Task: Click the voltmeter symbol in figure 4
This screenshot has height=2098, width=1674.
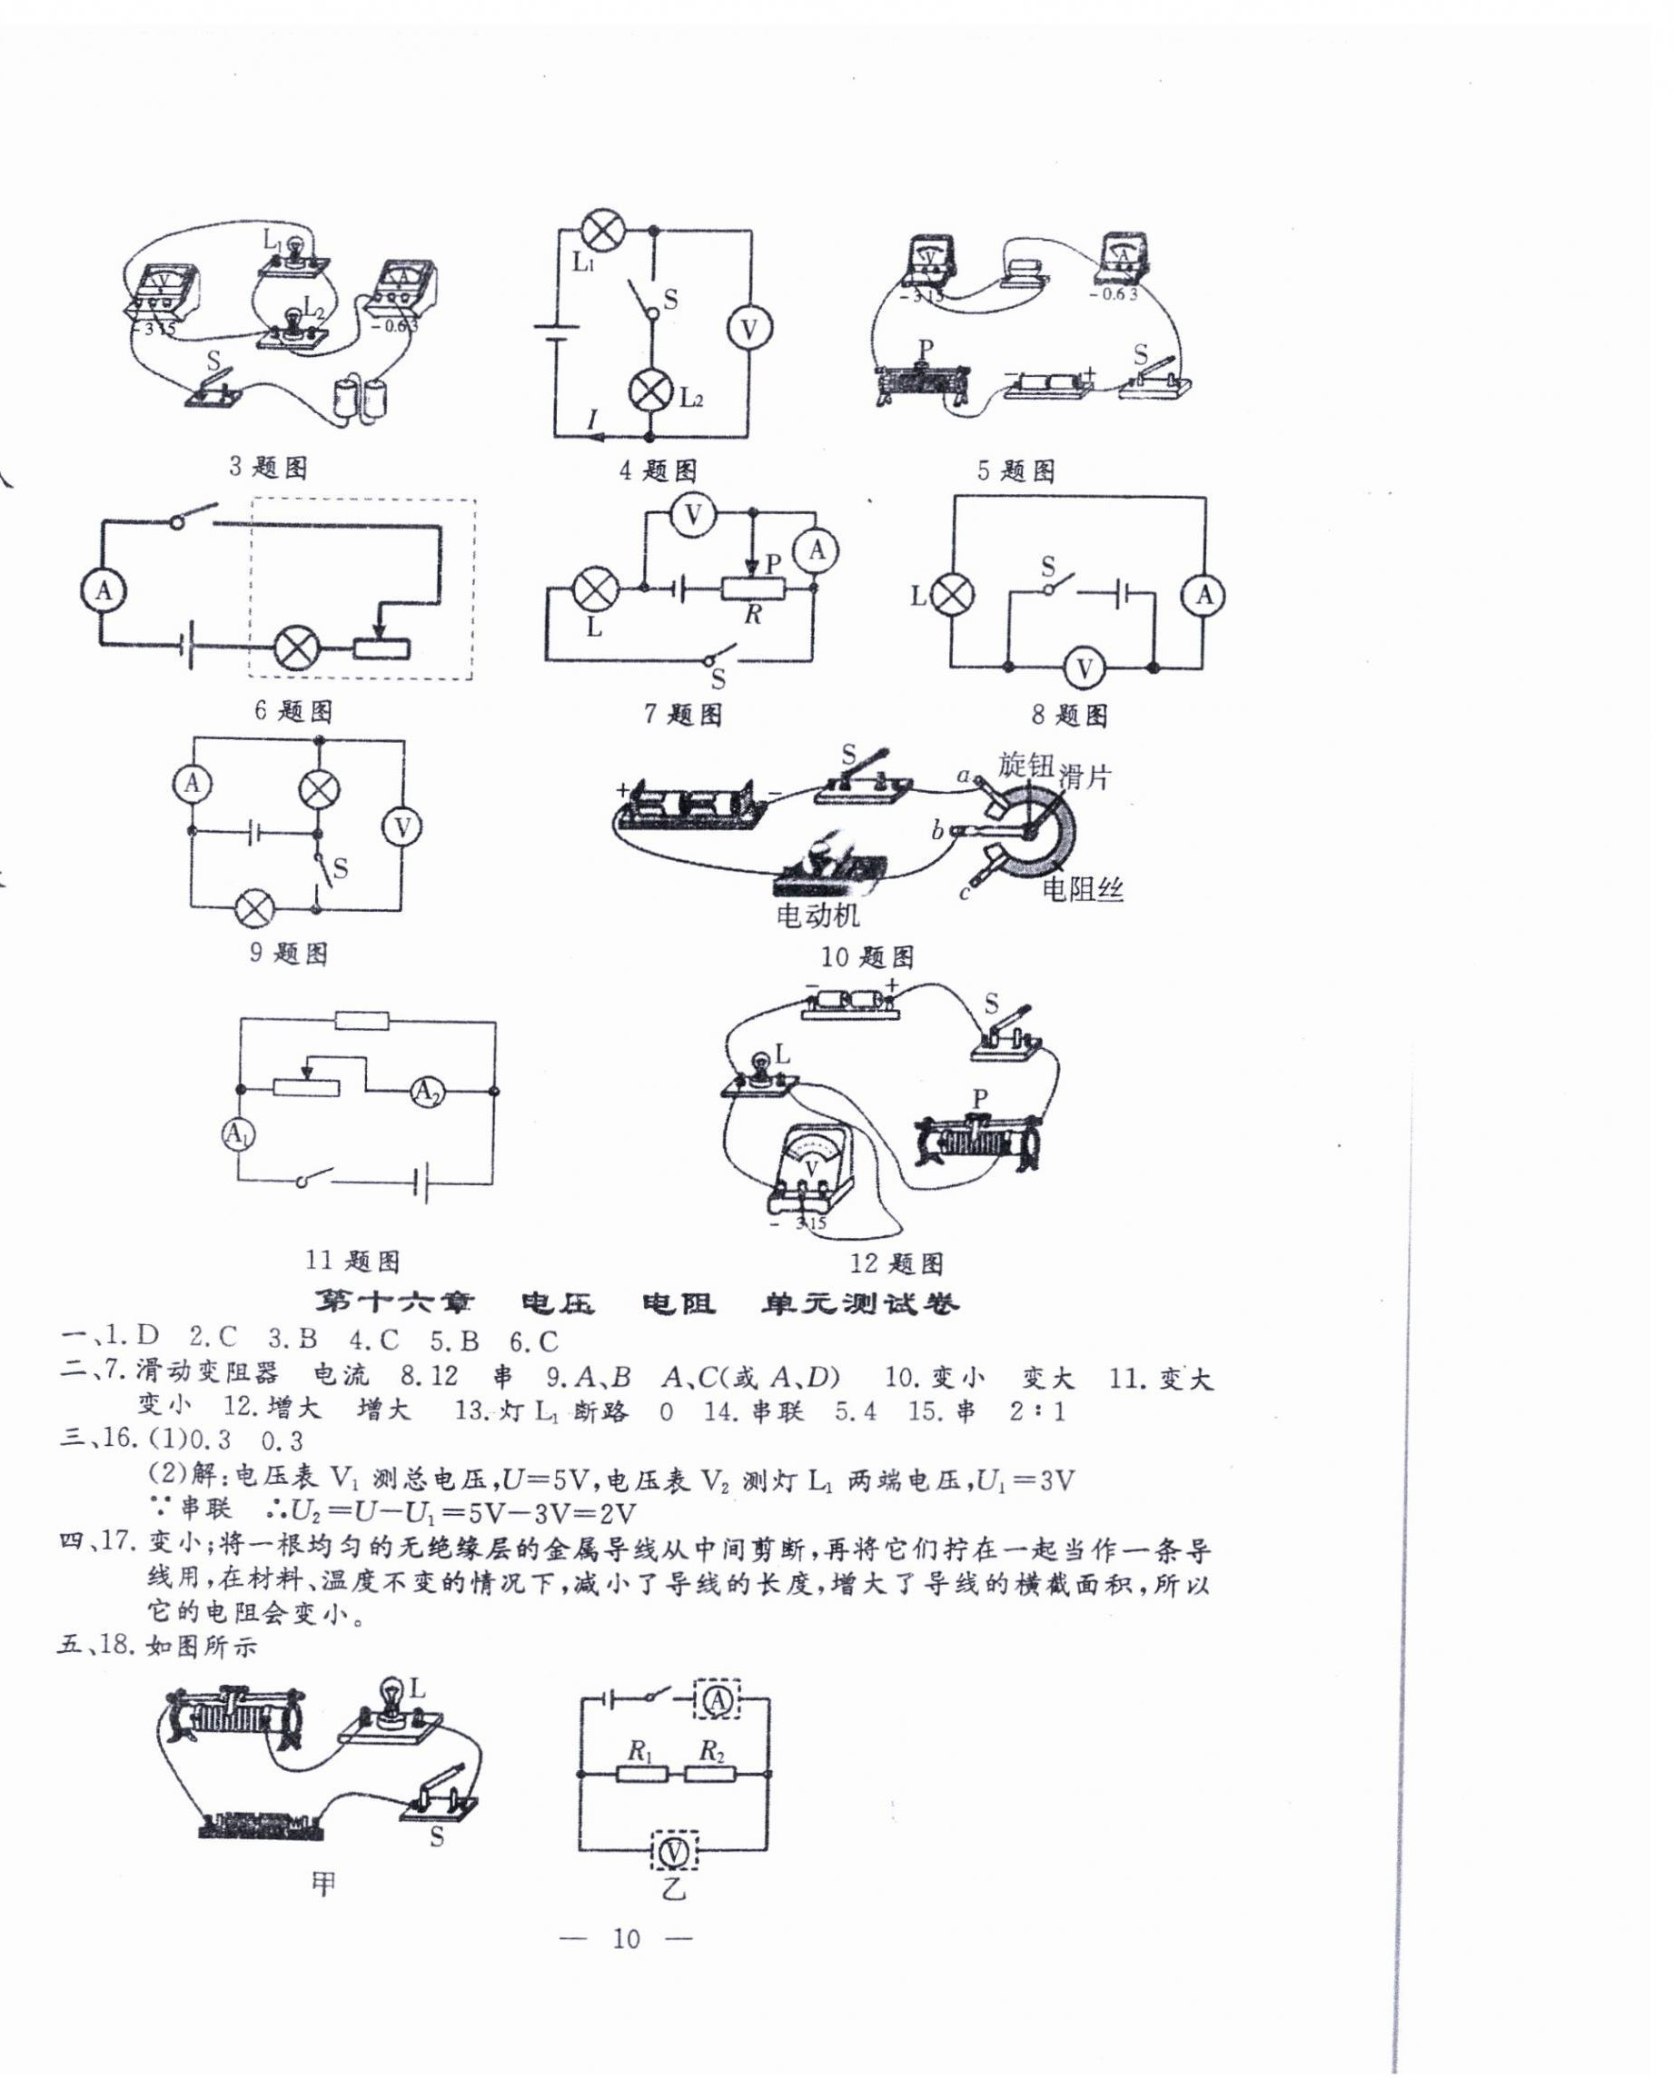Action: coord(748,329)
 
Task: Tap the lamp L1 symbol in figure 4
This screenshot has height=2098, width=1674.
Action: coord(601,230)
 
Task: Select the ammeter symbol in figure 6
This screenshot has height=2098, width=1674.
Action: coord(104,590)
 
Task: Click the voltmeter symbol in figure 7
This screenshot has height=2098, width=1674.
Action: coord(693,515)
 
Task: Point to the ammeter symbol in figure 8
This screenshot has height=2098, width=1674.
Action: coord(1203,595)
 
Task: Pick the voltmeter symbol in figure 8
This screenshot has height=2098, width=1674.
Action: coord(1084,668)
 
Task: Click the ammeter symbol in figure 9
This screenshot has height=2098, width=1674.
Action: coord(193,782)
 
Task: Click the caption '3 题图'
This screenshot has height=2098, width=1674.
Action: coord(268,467)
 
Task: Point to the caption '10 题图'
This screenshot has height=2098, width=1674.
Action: coord(867,956)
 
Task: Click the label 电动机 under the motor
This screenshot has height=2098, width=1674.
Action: coord(817,914)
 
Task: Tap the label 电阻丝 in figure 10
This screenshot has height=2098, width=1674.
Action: coord(1083,887)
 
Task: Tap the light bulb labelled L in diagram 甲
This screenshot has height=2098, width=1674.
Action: coord(391,1695)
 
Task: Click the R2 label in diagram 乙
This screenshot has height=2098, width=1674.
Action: coord(712,1752)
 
